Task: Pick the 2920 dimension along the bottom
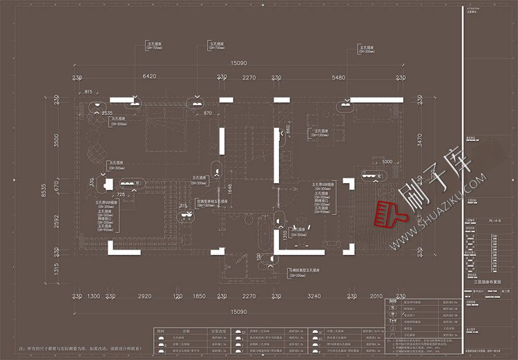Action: point(144,296)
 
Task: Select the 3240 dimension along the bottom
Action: point(314,296)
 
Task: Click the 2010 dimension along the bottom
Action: point(376,296)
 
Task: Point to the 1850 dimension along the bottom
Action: point(199,296)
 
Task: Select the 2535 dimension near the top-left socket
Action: point(107,113)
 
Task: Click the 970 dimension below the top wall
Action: point(207,113)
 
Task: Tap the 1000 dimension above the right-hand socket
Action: point(387,162)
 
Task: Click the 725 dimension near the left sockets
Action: point(120,196)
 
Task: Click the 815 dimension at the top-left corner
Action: point(88,91)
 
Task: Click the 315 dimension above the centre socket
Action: point(183,205)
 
